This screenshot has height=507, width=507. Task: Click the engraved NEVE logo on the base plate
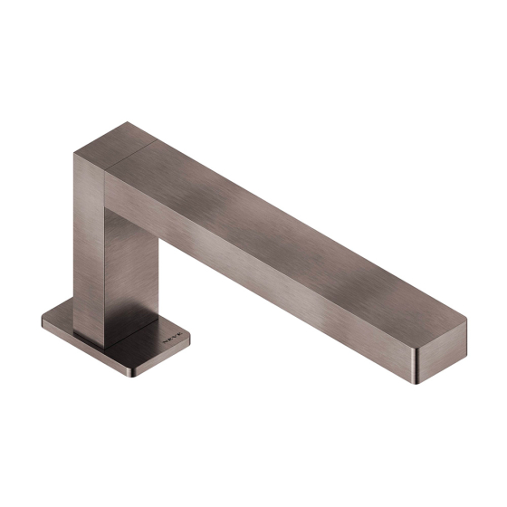171,342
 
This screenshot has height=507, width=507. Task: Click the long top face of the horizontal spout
290,226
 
